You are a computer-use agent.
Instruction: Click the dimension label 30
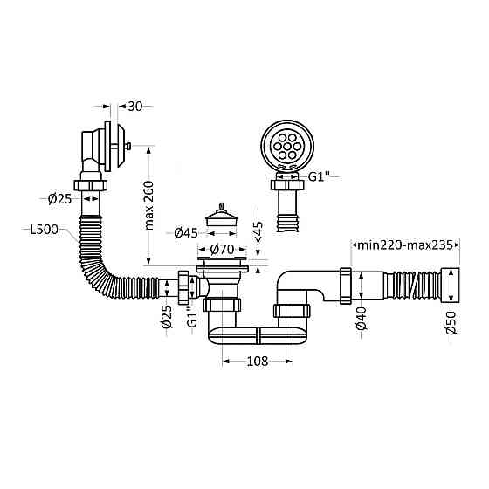pyautogui.click(x=134, y=107)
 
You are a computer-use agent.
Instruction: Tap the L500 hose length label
pyautogui.click(x=45, y=230)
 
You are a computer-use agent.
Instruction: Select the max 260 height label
pyautogui.click(x=149, y=205)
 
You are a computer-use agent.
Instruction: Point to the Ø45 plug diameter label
pyautogui.click(x=186, y=233)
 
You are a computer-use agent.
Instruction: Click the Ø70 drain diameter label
pyautogui.click(x=222, y=249)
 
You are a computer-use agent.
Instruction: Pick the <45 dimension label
pyautogui.click(x=258, y=231)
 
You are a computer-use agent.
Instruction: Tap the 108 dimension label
pyautogui.click(x=258, y=362)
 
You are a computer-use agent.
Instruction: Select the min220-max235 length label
pyautogui.click(x=405, y=245)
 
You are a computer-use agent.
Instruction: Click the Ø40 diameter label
pyautogui.click(x=362, y=319)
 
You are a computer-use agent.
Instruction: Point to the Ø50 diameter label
pyautogui.click(x=451, y=323)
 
